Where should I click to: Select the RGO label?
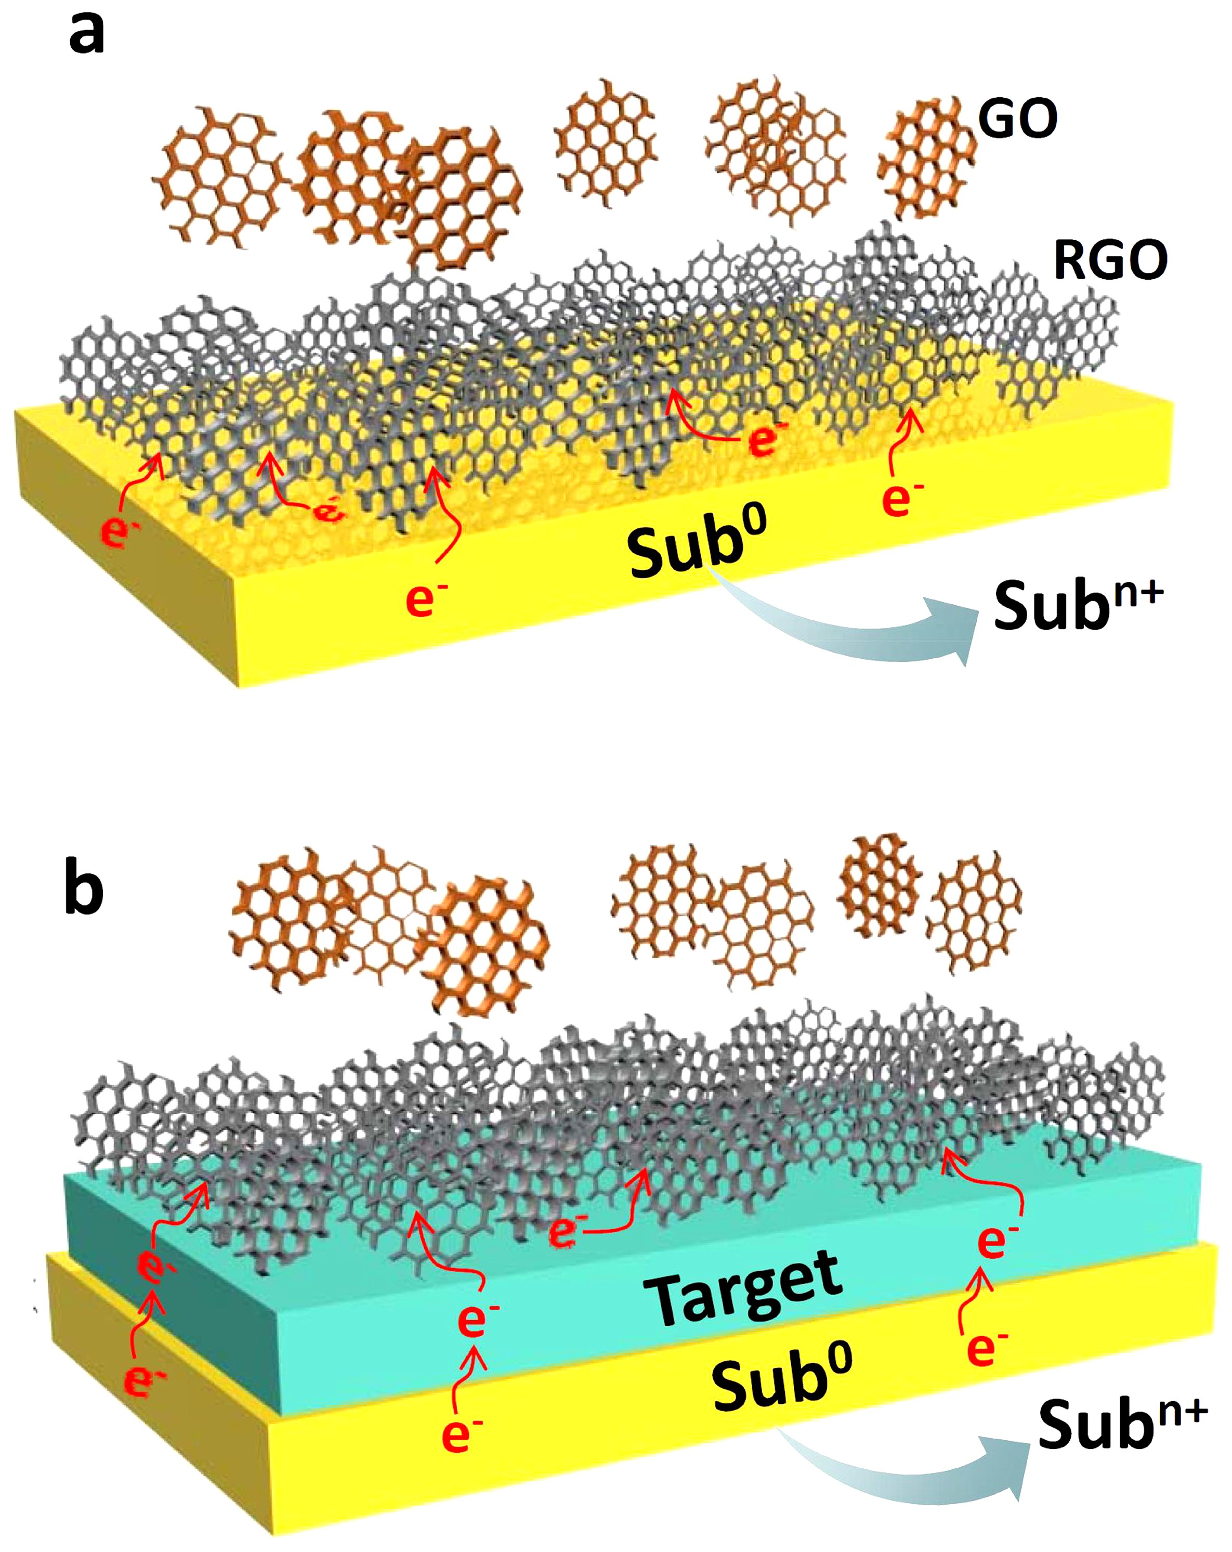coord(1110,260)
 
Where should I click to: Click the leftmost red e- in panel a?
coord(119,531)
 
